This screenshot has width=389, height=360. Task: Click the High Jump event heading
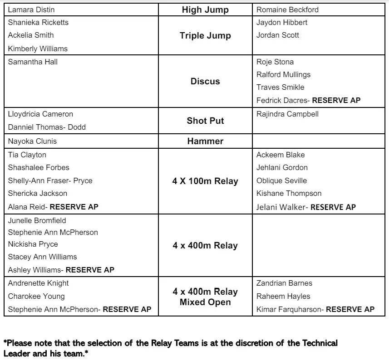(x=205, y=10)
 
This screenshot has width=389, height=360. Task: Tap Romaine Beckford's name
(x=287, y=10)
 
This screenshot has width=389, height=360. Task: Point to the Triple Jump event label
(x=205, y=36)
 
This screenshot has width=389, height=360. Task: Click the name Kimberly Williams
(x=38, y=49)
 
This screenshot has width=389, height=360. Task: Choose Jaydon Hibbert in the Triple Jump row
(x=282, y=22)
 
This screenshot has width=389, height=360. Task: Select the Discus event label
(x=205, y=82)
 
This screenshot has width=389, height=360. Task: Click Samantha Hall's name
(x=33, y=62)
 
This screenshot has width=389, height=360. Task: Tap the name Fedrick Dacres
(x=282, y=100)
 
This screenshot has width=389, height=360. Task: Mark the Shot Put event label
(x=205, y=121)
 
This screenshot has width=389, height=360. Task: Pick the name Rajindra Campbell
(x=287, y=114)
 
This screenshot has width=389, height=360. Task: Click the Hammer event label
(x=205, y=141)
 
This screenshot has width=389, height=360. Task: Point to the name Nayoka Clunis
(x=32, y=141)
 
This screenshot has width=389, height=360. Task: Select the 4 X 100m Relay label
(x=205, y=181)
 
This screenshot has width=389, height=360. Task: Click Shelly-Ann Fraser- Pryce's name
(x=50, y=180)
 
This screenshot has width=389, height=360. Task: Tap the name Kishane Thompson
(x=289, y=193)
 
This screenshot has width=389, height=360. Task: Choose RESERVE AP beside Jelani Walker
(x=333, y=207)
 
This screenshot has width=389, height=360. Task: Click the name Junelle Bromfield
(x=37, y=220)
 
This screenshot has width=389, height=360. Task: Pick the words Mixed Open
(x=205, y=302)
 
